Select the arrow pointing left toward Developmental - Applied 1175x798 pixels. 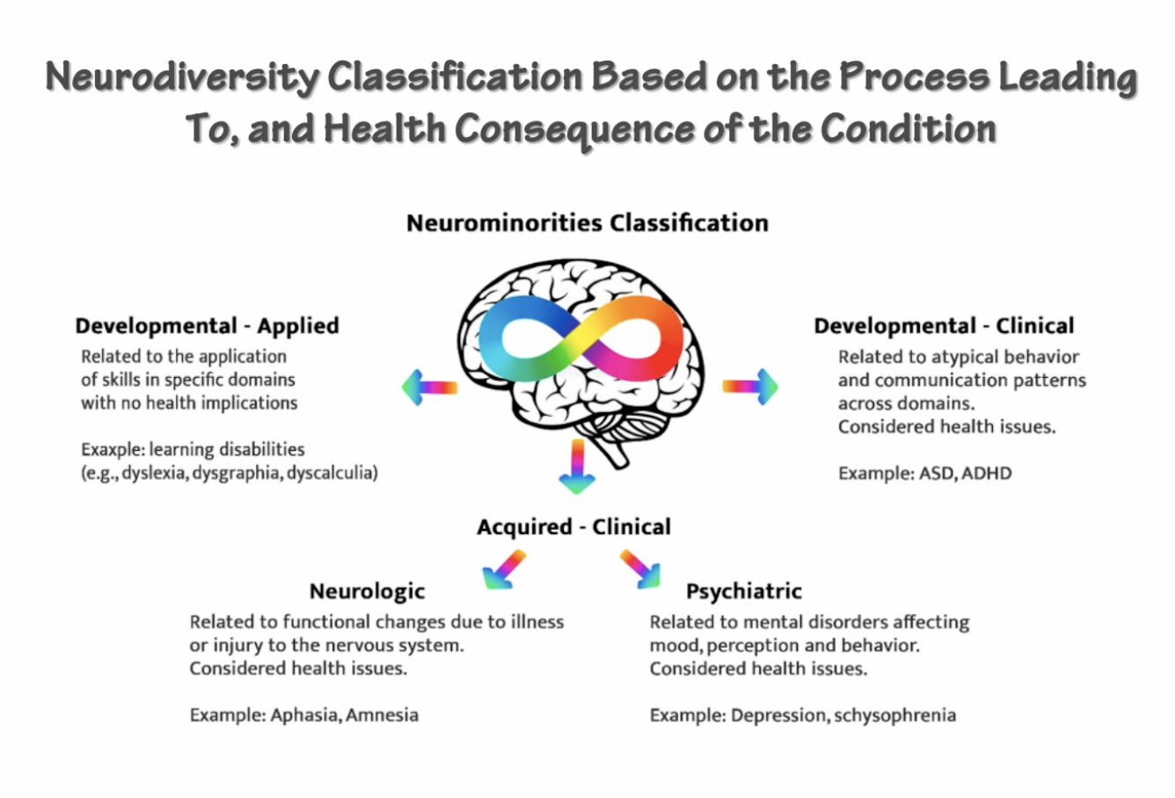(429, 387)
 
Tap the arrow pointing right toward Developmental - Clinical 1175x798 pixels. (751, 387)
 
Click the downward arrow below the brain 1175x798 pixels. (577, 466)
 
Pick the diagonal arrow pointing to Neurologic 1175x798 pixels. (504, 569)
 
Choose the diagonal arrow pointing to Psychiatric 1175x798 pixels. (640, 569)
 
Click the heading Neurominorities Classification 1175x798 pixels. (587, 223)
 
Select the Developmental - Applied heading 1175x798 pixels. (207, 326)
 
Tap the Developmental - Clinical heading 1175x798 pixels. (944, 326)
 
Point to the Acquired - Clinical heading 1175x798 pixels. (573, 527)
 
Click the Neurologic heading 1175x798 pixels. (367, 591)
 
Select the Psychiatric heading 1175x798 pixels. (744, 591)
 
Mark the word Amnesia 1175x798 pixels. (383, 715)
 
